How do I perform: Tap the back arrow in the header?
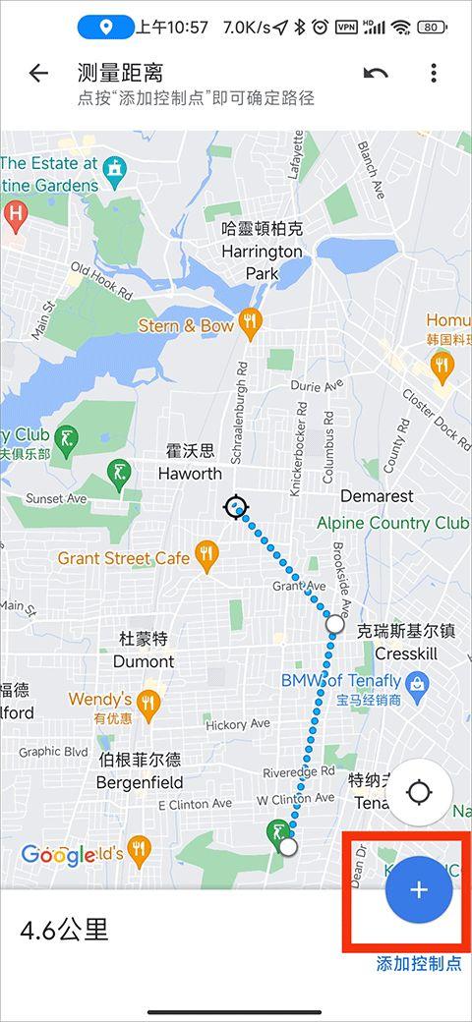click(38, 74)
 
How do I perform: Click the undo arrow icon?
click(375, 74)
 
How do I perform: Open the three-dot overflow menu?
click(433, 74)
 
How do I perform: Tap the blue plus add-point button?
click(419, 889)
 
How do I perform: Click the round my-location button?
click(420, 792)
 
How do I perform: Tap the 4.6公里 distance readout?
click(64, 929)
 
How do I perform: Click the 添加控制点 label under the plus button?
click(419, 964)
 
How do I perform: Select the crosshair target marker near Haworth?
click(235, 507)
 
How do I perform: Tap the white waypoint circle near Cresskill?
click(334, 624)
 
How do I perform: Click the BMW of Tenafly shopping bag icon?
click(417, 681)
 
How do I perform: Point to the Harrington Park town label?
click(262, 251)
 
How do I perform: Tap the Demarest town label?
click(376, 496)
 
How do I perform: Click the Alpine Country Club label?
click(392, 523)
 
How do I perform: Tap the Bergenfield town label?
click(139, 772)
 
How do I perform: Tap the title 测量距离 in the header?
click(120, 74)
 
